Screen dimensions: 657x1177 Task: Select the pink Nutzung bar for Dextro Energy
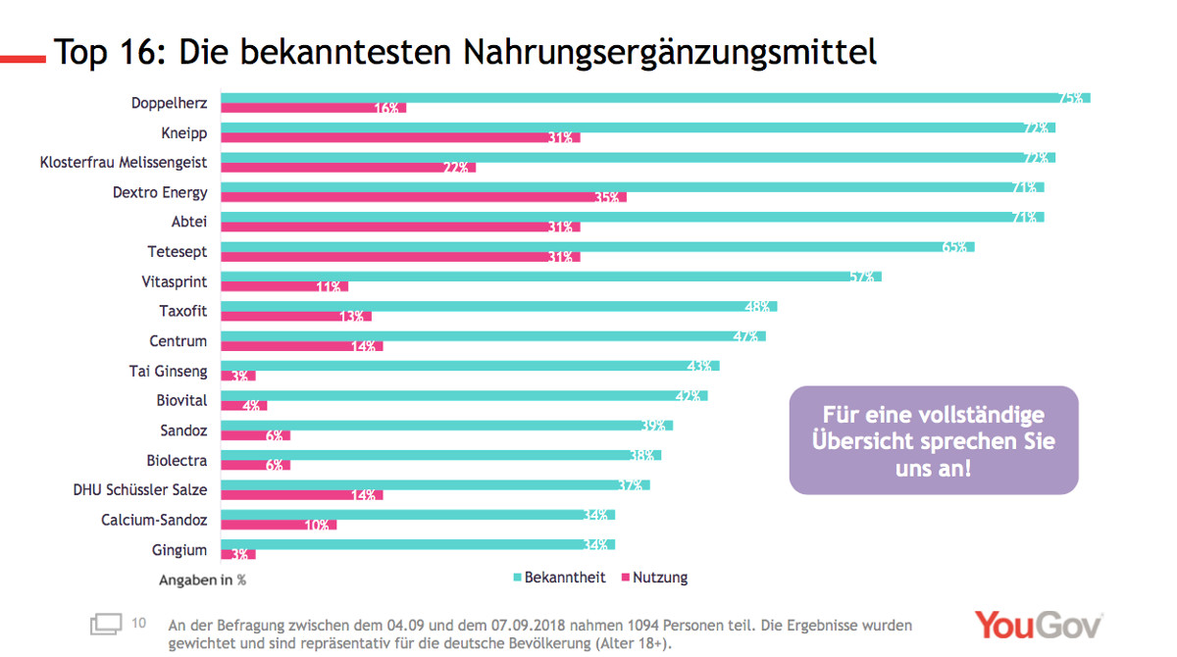[x=422, y=197]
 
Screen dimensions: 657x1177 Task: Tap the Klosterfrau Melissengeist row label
[x=124, y=163]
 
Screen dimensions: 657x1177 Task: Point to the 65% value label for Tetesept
[x=954, y=247]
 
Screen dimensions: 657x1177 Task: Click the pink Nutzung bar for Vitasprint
[x=284, y=286]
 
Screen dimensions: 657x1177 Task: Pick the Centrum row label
[x=179, y=341]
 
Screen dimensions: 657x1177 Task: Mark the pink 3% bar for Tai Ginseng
[x=237, y=376]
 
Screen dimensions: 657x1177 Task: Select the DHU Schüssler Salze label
[x=140, y=489]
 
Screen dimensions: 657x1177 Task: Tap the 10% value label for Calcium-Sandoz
[x=317, y=525]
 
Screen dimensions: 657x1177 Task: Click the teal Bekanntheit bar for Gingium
[x=417, y=544]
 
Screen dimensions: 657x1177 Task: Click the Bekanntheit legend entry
[x=559, y=578]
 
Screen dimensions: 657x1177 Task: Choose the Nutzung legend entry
[x=654, y=578]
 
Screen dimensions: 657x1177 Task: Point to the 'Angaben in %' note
[x=202, y=580]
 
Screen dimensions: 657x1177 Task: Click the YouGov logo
[x=1038, y=626]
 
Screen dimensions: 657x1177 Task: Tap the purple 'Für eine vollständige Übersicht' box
[x=934, y=440]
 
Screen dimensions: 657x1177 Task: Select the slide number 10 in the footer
[x=138, y=622]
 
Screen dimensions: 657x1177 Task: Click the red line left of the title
[x=23, y=59]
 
